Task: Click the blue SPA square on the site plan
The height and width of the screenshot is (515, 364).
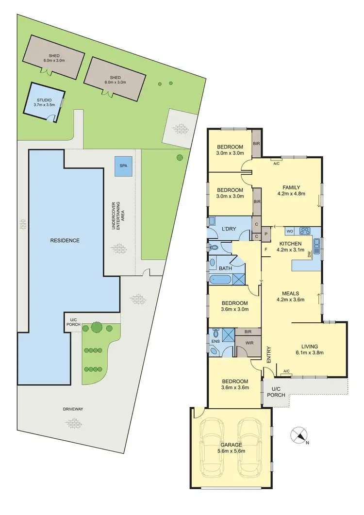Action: click(x=122, y=166)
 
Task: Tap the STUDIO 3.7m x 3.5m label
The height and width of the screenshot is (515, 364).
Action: click(x=44, y=102)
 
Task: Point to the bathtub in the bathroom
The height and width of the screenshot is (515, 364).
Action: click(x=221, y=279)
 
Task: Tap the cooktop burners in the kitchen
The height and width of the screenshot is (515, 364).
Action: click(x=306, y=231)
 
